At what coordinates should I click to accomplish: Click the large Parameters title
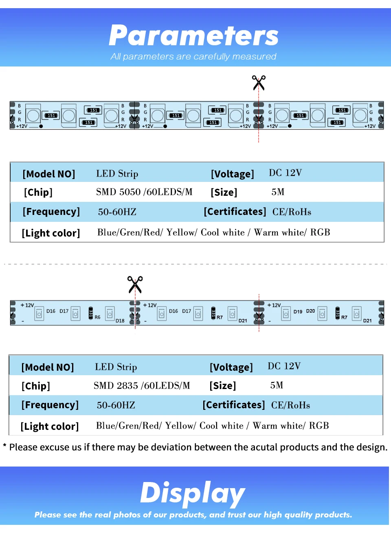pos(193,36)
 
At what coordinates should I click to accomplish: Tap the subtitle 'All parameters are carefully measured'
pos(193,57)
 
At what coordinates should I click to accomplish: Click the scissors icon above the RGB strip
pos(259,82)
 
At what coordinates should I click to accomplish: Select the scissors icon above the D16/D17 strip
pos(135,284)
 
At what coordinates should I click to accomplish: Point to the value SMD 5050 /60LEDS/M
pos(144,192)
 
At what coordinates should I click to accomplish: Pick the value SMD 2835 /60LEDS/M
pos(142,386)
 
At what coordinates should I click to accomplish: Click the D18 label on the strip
pos(120,321)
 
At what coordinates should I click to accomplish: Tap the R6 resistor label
pos(97,317)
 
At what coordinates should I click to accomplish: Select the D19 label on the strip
pos(298,312)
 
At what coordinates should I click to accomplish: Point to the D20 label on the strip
pos(310,311)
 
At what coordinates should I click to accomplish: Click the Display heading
pos(193,493)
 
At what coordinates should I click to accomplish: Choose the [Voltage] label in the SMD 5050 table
pos(232,174)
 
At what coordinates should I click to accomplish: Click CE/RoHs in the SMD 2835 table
pos(290,405)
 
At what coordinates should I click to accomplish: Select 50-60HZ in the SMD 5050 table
pos(117,212)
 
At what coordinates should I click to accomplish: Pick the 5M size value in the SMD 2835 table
pos(277,385)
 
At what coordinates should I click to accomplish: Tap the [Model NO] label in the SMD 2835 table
pos(48,367)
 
